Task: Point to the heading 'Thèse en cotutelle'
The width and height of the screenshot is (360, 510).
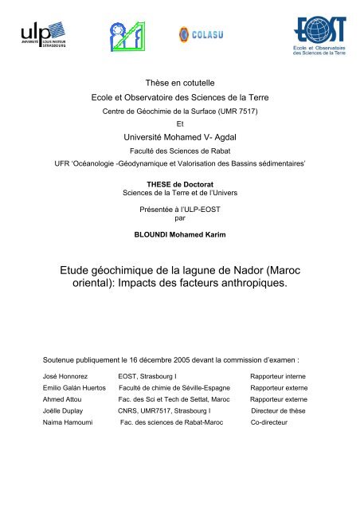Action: [x=179, y=83]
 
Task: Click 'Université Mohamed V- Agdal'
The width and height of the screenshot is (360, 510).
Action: [x=179, y=138]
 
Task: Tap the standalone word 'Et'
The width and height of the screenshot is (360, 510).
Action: [x=180, y=124]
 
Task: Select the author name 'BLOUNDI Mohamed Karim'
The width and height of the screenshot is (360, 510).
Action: [x=180, y=236]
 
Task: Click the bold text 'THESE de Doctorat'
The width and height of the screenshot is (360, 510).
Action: [x=180, y=182]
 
